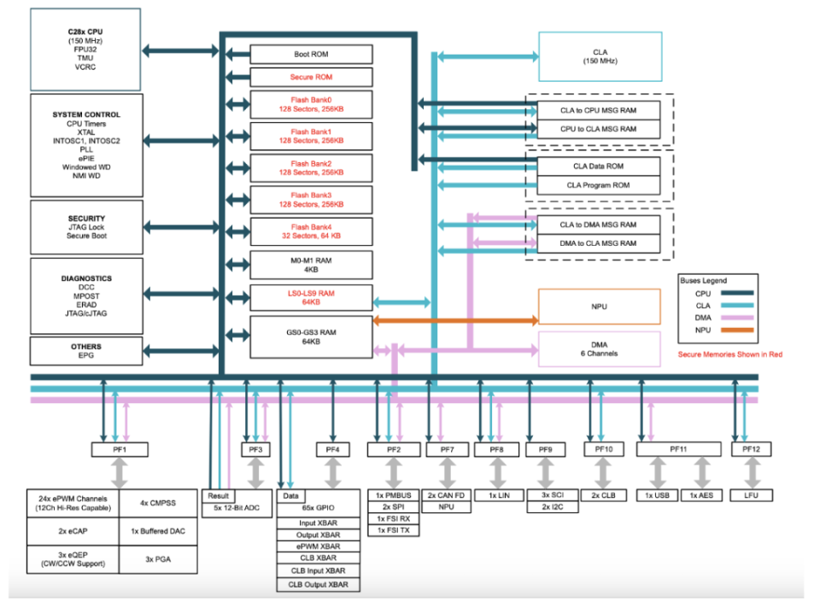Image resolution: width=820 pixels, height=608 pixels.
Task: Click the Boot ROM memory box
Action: coord(311,54)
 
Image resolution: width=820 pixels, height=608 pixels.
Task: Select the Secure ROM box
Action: coord(311,77)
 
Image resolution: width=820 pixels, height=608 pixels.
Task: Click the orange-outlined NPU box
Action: coord(599,305)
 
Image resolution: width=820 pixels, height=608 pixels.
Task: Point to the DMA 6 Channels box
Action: coord(599,348)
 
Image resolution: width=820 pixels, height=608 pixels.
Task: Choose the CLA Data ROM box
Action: coord(598,167)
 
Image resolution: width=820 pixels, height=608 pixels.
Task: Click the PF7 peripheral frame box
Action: coord(447,449)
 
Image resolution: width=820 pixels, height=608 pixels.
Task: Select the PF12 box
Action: coord(751,449)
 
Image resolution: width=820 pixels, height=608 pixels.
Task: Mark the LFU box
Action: coord(751,495)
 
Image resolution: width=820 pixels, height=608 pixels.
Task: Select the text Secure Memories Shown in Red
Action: coord(729,354)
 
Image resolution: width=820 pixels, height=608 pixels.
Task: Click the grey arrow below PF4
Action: coord(332,472)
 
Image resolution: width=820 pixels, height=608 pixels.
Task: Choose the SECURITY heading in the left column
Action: coord(85,219)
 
